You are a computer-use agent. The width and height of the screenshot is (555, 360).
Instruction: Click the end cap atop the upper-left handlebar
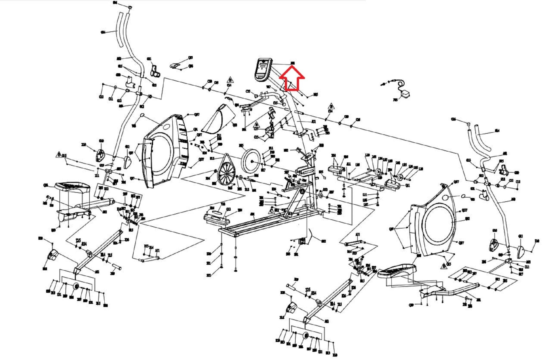coord(130,7)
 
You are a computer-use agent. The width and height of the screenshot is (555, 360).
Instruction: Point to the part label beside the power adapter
coord(395,100)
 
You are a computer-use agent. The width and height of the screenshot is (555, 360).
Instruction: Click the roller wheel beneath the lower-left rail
coord(76,287)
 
